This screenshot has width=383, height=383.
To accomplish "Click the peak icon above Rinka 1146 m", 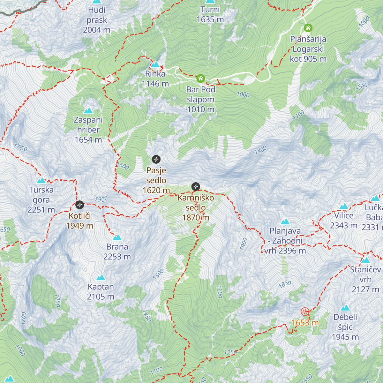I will (155, 64).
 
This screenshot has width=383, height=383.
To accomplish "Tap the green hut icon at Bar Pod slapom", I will (200, 78).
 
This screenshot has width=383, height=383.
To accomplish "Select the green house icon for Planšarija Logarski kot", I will (308, 28).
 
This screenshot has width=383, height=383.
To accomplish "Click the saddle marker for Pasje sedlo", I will (156, 159).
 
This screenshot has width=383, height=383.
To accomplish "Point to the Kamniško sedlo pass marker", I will (196, 186).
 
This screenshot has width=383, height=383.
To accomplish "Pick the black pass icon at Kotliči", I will (79, 205).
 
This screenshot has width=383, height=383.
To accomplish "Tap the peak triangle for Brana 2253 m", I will (117, 237).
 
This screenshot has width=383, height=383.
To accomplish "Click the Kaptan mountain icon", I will (101, 277).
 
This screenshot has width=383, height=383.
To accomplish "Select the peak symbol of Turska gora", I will (41, 181).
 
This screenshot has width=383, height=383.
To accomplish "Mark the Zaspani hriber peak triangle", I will (88, 111).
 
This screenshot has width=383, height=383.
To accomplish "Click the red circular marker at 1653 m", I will (305, 312).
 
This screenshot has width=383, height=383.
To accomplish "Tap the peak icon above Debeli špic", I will (345, 308).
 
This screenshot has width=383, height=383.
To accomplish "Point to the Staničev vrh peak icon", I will (365, 260).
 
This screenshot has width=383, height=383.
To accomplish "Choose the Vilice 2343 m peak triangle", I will (344, 207).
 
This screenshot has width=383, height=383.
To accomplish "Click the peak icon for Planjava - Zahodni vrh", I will (285, 222).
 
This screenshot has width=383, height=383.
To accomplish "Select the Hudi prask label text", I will (97, 20).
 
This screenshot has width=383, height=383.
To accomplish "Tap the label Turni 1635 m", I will (210, 14).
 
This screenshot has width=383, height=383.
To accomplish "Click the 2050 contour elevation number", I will (21, 147).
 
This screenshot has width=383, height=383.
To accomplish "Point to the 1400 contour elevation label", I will (260, 150).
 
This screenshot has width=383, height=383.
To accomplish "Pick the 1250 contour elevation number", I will (230, 352).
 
